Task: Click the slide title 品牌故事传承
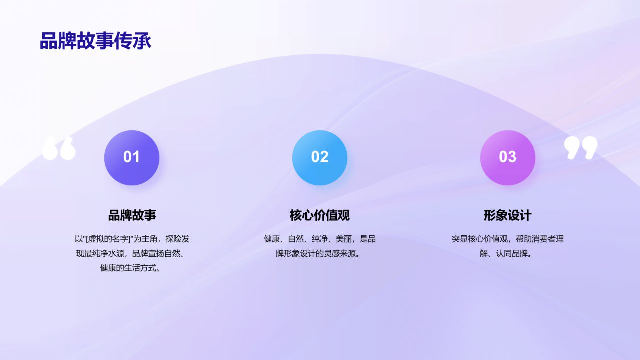click(x=95, y=41)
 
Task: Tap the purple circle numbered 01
click(x=132, y=157)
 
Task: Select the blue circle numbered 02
click(x=320, y=157)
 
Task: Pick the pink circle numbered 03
click(x=508, y=157)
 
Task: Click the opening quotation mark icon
click(x=59, y=148)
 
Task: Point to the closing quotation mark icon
click(x=581, y=148)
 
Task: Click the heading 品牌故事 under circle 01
click(x=132, y=215)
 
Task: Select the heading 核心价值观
click(x=320, y=215)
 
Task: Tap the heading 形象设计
click(x=508, y=215)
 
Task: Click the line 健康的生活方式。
click(x=132, y=268)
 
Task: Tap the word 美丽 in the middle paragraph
click(x=344, y=239)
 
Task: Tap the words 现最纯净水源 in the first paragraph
click(x=101, y=253)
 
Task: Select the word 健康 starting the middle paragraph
click(x=271, y=239)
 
